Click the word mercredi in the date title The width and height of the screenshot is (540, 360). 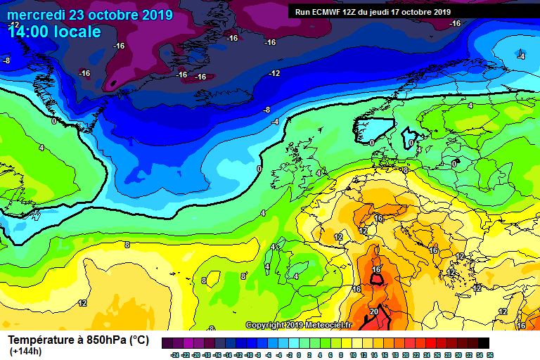tap(34, 15)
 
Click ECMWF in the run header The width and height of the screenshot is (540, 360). tap(329, 12)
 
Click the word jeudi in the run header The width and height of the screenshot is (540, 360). tap(386, 12)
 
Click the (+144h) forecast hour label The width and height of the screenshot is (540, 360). tap(25, 352)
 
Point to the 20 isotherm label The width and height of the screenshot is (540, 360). tap(374, 311)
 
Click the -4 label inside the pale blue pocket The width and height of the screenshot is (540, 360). tap(521, 56)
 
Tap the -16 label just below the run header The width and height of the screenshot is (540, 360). tap(455, 23)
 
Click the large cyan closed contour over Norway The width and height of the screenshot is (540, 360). tap(373, 128)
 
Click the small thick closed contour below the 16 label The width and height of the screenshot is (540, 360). tap(378, 279)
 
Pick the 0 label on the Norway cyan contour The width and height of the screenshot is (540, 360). tap(371, 143)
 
